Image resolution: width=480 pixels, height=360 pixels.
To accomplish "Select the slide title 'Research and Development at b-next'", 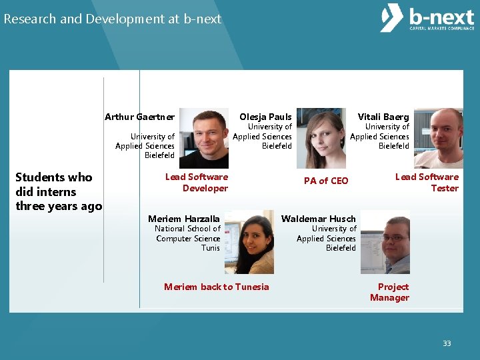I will pyautogui.click(x=112, y=19).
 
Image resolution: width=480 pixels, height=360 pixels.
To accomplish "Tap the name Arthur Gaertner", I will pyautogui.click(x=139, y=117).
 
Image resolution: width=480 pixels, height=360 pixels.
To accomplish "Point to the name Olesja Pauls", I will pyautogui.click(x=265, y=117).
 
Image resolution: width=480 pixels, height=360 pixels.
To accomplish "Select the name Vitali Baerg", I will pyautogui.click(x=383, y=117).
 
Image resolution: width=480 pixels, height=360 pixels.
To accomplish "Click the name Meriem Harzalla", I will pyautogui.click(x=183, y=219).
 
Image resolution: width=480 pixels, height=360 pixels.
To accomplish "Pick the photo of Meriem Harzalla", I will pyautogui.click(x=249, y=242).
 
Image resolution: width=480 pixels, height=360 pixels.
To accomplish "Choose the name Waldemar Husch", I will pyautogui.click(x=319, y=219).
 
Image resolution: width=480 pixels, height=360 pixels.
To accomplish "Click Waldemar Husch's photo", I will pyautogui.click(x=385, y=242).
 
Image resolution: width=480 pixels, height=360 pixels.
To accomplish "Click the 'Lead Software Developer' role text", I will pyautogui.click(x=197, y=183).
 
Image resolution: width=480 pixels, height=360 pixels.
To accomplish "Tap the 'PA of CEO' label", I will pyautogui.click(x=326, y=181).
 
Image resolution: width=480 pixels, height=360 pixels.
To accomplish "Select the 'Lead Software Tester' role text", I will pyautogui.click(x=427, y=183).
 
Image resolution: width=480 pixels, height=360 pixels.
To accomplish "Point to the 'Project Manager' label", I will pyautogui.click(x=390, y=292).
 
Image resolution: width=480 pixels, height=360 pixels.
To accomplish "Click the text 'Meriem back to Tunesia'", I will pyautogui.click(x=217, y=287).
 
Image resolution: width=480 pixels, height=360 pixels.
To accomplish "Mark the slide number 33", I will pyautogui.click(x=447, y=343).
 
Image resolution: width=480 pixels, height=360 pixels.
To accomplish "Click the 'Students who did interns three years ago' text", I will pyautogui.click(x=58, y=191).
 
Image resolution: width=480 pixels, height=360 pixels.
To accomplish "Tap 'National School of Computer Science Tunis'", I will pyautogui.click(x=188, y=238).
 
